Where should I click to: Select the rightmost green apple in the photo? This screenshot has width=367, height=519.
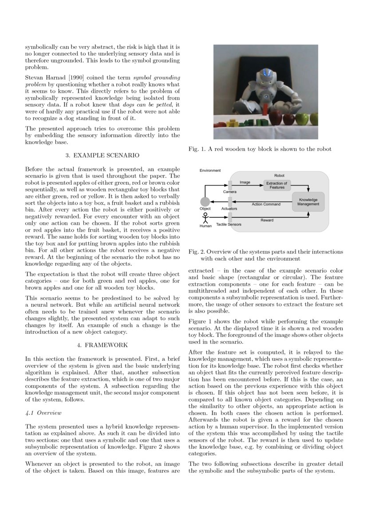pos(314,119)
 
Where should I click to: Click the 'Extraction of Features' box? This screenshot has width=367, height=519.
pos(276,186)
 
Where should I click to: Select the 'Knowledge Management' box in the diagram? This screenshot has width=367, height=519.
pos(308,202)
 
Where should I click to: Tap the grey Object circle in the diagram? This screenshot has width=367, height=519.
pos(205,202)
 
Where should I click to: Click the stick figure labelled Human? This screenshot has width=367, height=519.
pos(205,218)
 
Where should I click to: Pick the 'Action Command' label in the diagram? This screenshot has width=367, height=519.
pos(266,204)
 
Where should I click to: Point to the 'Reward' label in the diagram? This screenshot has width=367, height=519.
pos(267,220)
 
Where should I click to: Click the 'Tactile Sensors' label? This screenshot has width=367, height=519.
pos(229,225)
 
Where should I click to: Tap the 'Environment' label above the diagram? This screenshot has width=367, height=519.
pos(210,170)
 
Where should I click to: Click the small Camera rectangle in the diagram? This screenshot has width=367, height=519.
pos(230,184)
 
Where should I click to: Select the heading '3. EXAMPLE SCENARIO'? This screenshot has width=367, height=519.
pos(102,155)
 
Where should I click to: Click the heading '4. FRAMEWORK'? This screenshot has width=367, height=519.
pos(102,345)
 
